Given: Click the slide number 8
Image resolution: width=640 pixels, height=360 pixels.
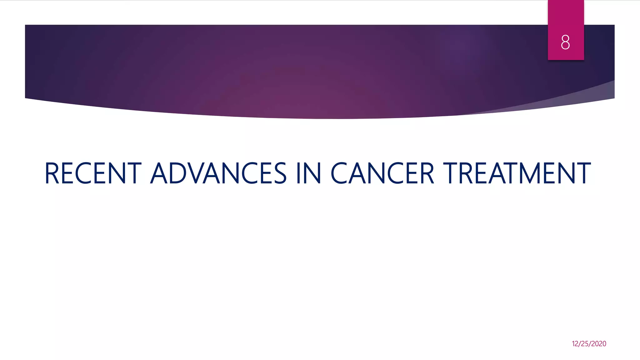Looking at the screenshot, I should [565, 42].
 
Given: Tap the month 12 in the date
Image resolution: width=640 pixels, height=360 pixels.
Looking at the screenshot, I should [575, 344].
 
